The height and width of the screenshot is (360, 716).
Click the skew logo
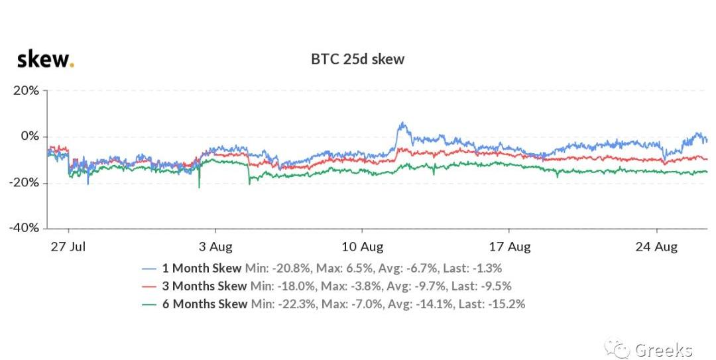click(44, 60)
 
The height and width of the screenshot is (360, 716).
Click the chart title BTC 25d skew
click(357, 59)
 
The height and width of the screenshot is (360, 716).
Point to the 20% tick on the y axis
click(27, 90)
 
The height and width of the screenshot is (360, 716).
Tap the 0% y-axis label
click(30, 137)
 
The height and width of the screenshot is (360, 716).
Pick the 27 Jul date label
click(69, 247)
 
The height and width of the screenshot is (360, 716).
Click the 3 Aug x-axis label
click(215, 247)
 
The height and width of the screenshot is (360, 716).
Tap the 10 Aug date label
click(363, 247)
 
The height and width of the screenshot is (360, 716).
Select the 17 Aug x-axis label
click(509, 247)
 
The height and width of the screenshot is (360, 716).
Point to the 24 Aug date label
click(656, 247)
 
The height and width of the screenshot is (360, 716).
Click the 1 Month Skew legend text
click(202, 269)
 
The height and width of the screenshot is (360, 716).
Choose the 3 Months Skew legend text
click(205, 286)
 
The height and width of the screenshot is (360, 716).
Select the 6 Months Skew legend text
click(205, 304)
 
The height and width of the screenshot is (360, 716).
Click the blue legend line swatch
click(149, 269)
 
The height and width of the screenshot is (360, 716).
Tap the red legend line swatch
click(149, 286)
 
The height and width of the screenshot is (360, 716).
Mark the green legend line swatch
click(149, 304)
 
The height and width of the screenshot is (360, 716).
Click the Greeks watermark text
click(663, 349)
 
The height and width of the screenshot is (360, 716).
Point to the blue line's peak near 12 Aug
click(401, 123)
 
